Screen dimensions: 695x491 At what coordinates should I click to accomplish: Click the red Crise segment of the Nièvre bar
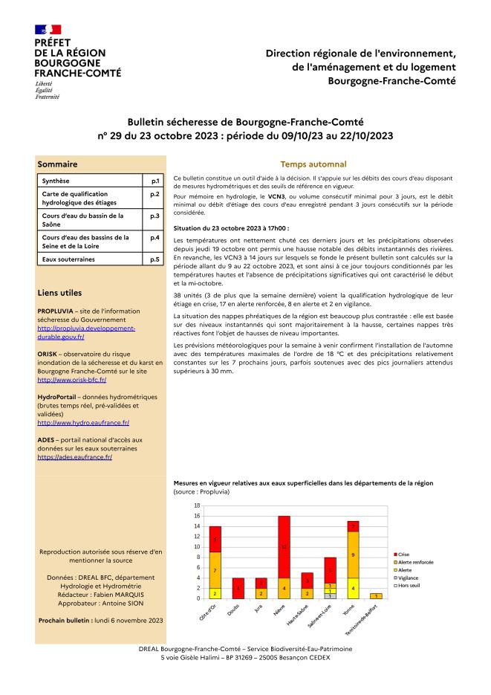pos(284,546)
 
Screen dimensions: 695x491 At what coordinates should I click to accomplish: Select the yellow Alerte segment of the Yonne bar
pos(353,588)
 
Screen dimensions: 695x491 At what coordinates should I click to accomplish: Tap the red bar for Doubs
pos(238,588)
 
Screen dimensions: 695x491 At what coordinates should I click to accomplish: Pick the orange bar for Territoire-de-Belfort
pos(376,595)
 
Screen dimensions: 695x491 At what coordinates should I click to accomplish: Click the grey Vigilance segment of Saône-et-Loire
pos(330,596)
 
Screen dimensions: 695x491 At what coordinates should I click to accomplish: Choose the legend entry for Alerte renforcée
pos(416,562)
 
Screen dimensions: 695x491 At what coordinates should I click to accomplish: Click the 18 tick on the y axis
pos(197,505)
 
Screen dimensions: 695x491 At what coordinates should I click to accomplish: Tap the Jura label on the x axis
pos(258,611)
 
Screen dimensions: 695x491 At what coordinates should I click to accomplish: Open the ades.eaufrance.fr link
pos(74,457)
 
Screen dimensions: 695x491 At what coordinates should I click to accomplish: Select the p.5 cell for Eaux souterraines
pos(155,259)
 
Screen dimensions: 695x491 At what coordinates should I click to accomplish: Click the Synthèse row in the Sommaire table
pos(89,181)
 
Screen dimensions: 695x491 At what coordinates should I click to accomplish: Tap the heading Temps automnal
pos(313,164)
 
